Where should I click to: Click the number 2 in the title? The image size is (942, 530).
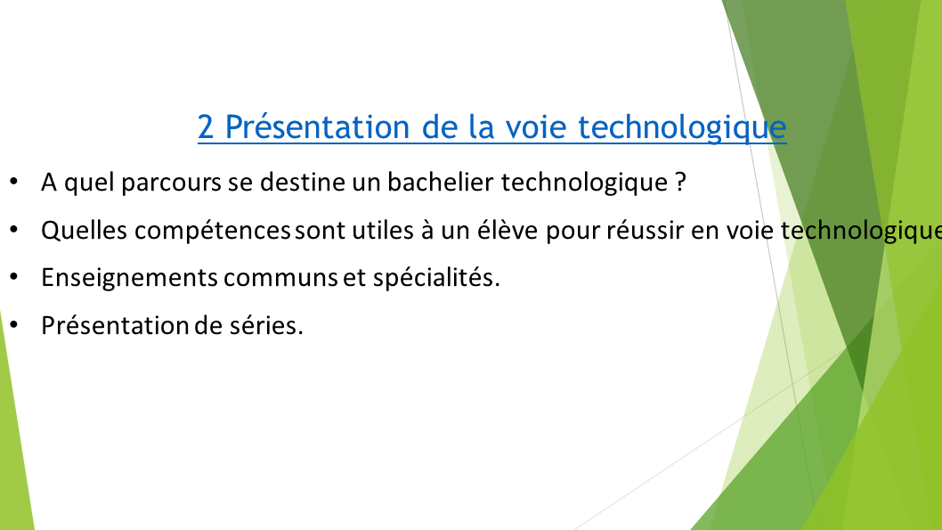click(206, 127)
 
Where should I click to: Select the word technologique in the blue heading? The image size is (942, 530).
click(681, 127)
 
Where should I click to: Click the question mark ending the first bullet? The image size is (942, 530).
click(679, 183)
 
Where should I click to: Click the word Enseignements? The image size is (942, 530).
click(129, 278)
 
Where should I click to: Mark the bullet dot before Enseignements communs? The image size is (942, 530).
click(14, 276)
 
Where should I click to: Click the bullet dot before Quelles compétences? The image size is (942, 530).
click(14, 229)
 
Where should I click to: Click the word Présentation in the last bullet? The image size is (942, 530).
click(111, 325)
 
